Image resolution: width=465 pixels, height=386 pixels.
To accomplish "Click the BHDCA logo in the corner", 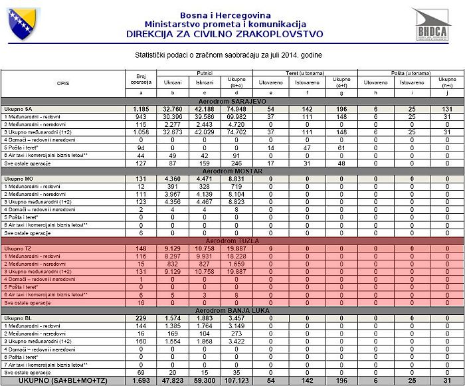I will pyautogui.click(x=431, y=27).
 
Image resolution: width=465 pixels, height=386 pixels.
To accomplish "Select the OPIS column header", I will pyautogui.click(x=62, y=82).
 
